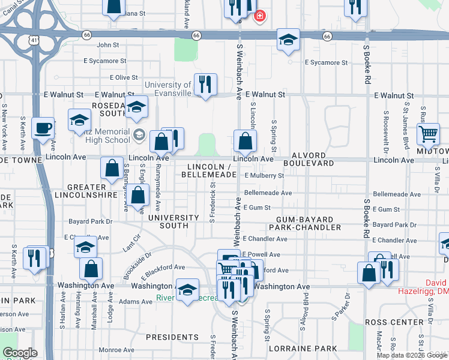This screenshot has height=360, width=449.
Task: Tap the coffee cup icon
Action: pos(43,128)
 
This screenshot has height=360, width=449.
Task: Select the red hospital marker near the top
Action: pos(260,16)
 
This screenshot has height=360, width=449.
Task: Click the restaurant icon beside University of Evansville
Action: pos(205,85)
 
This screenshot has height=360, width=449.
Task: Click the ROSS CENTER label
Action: pos(395,322)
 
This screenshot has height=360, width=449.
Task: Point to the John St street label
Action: pos(108,45)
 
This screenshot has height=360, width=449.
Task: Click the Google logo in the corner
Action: pos(20,353)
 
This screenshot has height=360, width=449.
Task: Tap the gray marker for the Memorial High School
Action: pos(139,133)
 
